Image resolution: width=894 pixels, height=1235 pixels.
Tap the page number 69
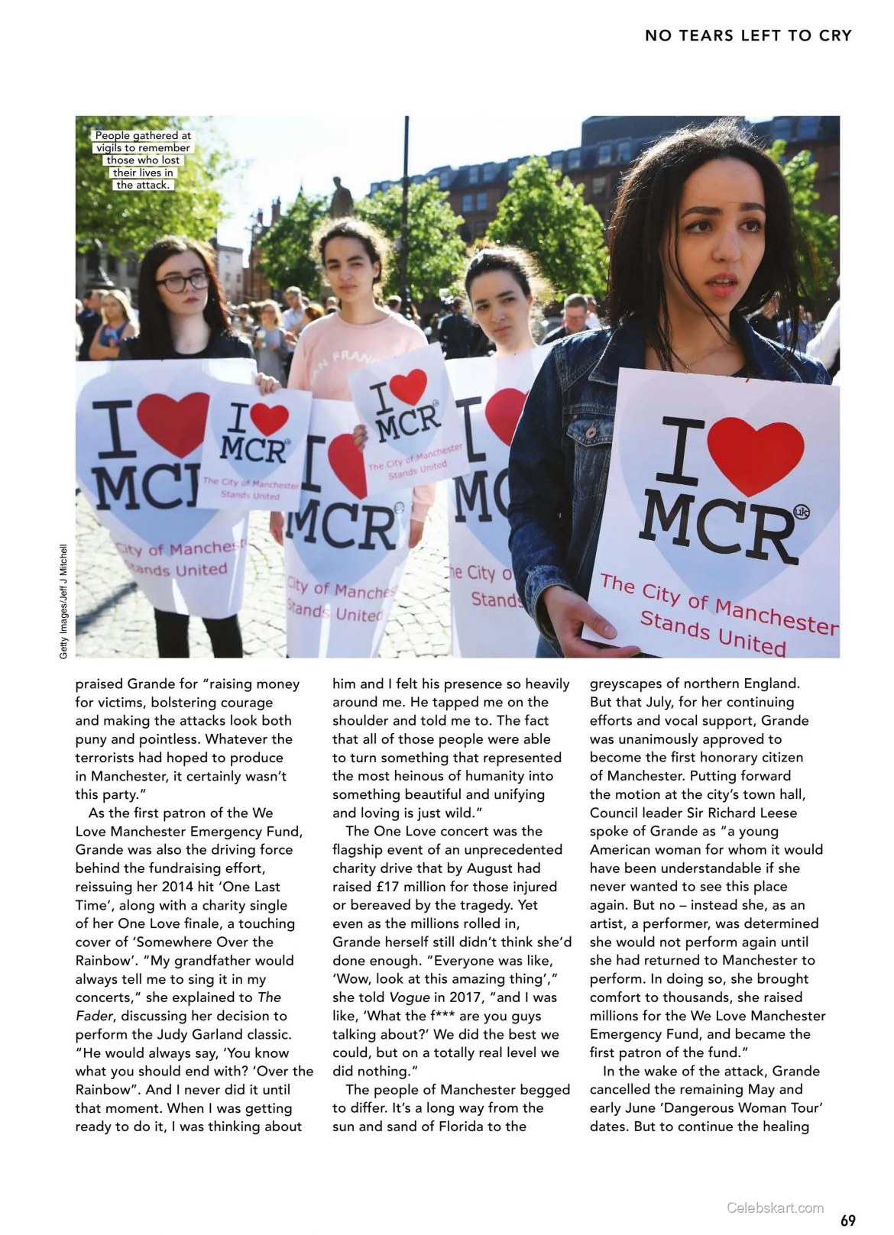[847, 1219]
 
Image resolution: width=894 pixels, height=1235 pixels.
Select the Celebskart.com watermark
[775, 1208]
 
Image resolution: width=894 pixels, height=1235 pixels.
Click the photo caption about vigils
[142, 160]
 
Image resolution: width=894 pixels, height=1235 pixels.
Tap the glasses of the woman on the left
[183, 282]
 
